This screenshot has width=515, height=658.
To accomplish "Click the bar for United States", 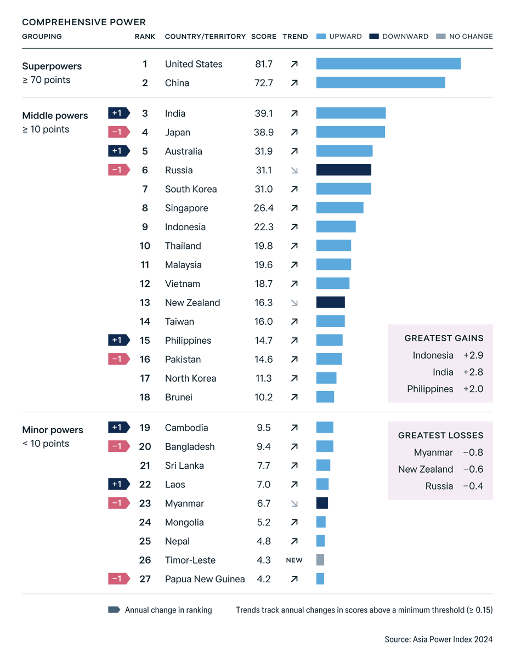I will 388,64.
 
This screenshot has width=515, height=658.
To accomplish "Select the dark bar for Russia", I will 343,170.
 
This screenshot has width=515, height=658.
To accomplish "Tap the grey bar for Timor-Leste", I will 320,560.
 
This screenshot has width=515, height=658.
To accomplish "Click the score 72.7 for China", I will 263,83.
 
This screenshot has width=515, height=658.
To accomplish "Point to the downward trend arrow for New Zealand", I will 294,303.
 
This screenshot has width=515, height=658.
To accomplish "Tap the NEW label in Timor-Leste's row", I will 294,560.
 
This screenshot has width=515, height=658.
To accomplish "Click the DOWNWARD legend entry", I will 399,37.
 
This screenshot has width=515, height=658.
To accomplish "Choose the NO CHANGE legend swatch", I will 440,37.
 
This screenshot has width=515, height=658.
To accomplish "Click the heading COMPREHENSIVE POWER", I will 84,22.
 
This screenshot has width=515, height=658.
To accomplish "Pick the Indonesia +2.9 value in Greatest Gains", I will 473,355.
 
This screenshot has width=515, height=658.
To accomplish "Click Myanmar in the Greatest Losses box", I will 433,452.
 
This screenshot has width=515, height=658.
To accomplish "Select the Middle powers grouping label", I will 55,116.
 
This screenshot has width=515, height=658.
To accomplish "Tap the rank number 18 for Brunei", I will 145,397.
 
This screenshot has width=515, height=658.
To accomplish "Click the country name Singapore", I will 186,208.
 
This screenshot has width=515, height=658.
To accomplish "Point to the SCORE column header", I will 264,37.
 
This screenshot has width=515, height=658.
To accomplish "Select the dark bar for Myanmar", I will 322,503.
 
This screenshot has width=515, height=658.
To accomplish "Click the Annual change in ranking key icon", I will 114,610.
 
